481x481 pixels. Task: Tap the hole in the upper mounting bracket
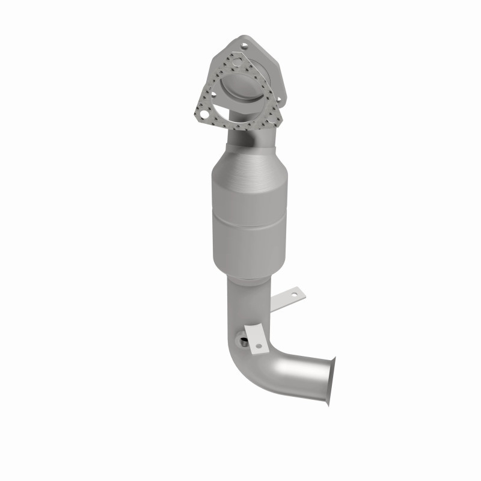tap(294, 294)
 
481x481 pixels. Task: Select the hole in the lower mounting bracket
tap(259, 346)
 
